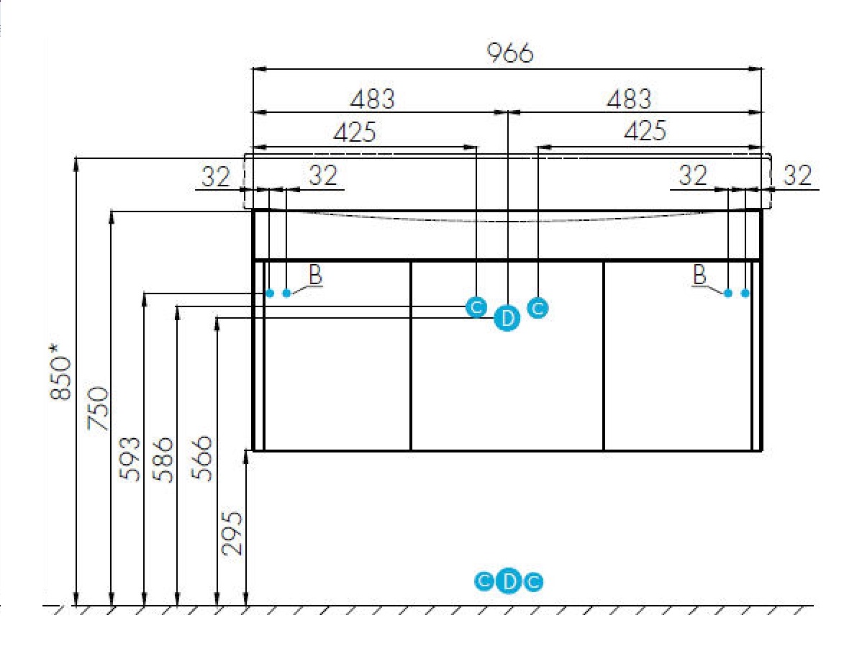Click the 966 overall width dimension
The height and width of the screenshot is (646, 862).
[510, 53]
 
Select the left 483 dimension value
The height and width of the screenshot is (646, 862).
[373, 99]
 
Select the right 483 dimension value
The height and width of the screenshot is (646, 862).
[630, 99]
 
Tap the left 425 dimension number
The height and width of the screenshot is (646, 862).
[355, 132]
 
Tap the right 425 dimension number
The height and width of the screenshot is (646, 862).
[645, 131]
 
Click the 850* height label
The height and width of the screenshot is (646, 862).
[60, 372]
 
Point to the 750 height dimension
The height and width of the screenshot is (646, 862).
[99, 408]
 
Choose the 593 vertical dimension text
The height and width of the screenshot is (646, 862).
[130, 459]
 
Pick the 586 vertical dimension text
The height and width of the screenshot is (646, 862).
[163, 460]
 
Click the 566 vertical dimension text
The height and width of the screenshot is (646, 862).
[201, 458]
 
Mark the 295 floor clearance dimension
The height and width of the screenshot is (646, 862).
[232, 533]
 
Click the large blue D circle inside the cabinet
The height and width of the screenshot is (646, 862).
[507, 318]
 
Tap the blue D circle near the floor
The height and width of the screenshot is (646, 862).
[509, 581]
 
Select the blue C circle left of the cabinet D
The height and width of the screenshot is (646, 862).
[476, 306]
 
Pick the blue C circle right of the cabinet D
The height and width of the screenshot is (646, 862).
[537, 307]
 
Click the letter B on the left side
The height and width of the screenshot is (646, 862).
[316, 274]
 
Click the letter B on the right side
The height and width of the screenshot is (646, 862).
[699, 274]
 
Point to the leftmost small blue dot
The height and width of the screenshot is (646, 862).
[269, 293]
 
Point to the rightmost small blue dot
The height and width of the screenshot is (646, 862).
[745, 293]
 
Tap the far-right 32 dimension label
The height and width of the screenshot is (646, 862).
[797, 176]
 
